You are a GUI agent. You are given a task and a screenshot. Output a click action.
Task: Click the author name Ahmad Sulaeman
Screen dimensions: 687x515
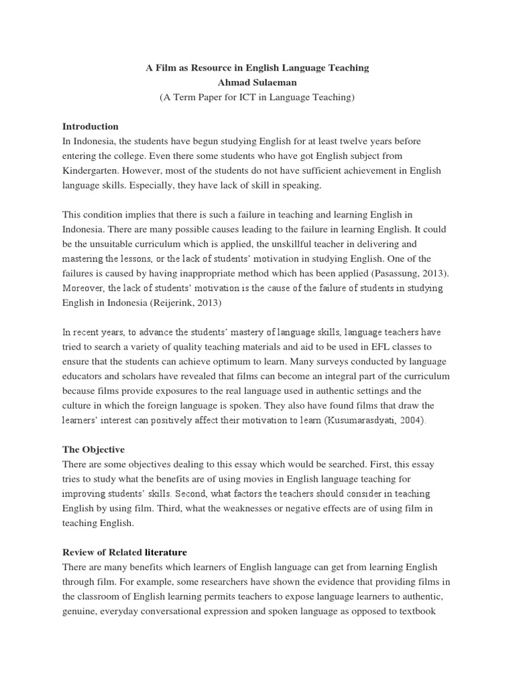(x=257, y=83)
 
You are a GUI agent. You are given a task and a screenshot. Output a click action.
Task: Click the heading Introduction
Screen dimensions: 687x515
(x=91, y=126)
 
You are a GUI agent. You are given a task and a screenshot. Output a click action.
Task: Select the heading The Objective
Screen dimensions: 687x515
(x=93, y=450)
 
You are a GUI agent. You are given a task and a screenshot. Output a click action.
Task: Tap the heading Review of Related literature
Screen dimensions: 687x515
(x=125, y=552)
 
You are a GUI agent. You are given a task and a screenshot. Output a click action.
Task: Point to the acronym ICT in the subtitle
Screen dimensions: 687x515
(x=258, y=97)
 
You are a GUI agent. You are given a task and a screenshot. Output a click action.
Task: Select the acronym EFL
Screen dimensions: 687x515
(x=366, y=347)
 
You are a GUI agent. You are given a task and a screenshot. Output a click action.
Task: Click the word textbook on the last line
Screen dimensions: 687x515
(x=420, y=611)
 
